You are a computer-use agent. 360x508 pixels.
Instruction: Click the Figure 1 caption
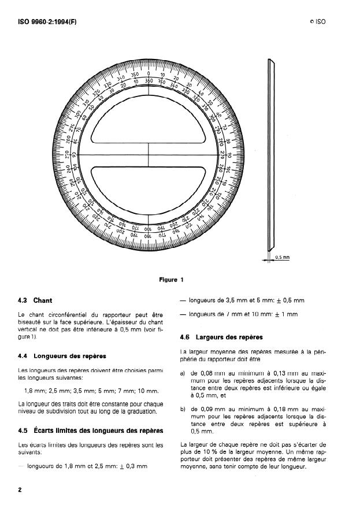pyautogui.click(x=171, y=280)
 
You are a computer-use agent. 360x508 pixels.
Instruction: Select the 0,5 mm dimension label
pyautogui.click(x=282, y=257)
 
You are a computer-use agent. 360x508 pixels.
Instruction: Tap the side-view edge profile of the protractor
pyautogui.click(x=270, y=156)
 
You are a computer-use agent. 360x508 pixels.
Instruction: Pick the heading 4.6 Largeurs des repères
pyautogui.click(x=221, y=336)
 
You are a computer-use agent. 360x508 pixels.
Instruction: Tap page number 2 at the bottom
pyautogui.click(x=20, y=490)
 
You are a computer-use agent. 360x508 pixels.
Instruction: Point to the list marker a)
pyautogui.click(x=183, y=373)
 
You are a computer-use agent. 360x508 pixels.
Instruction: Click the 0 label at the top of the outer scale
pyautogui.click(x=149, y=74)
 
